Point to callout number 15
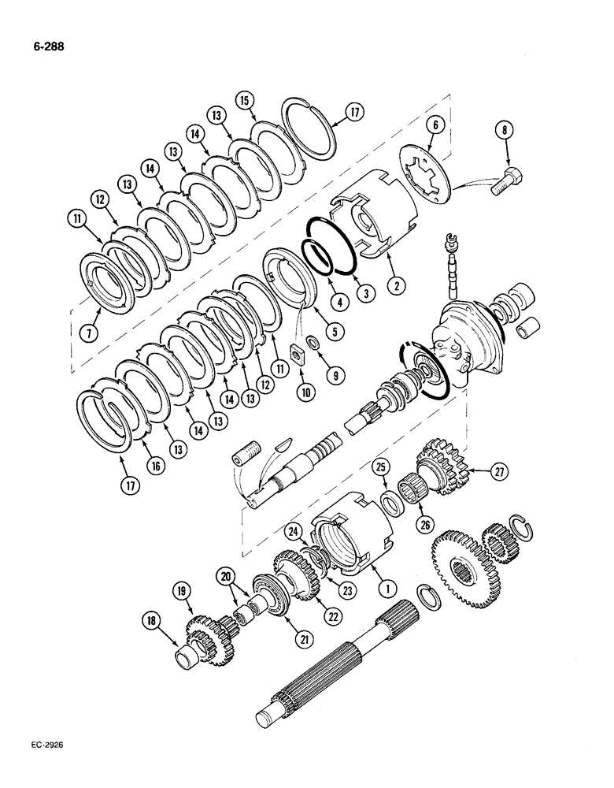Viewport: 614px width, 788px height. [244, 100]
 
